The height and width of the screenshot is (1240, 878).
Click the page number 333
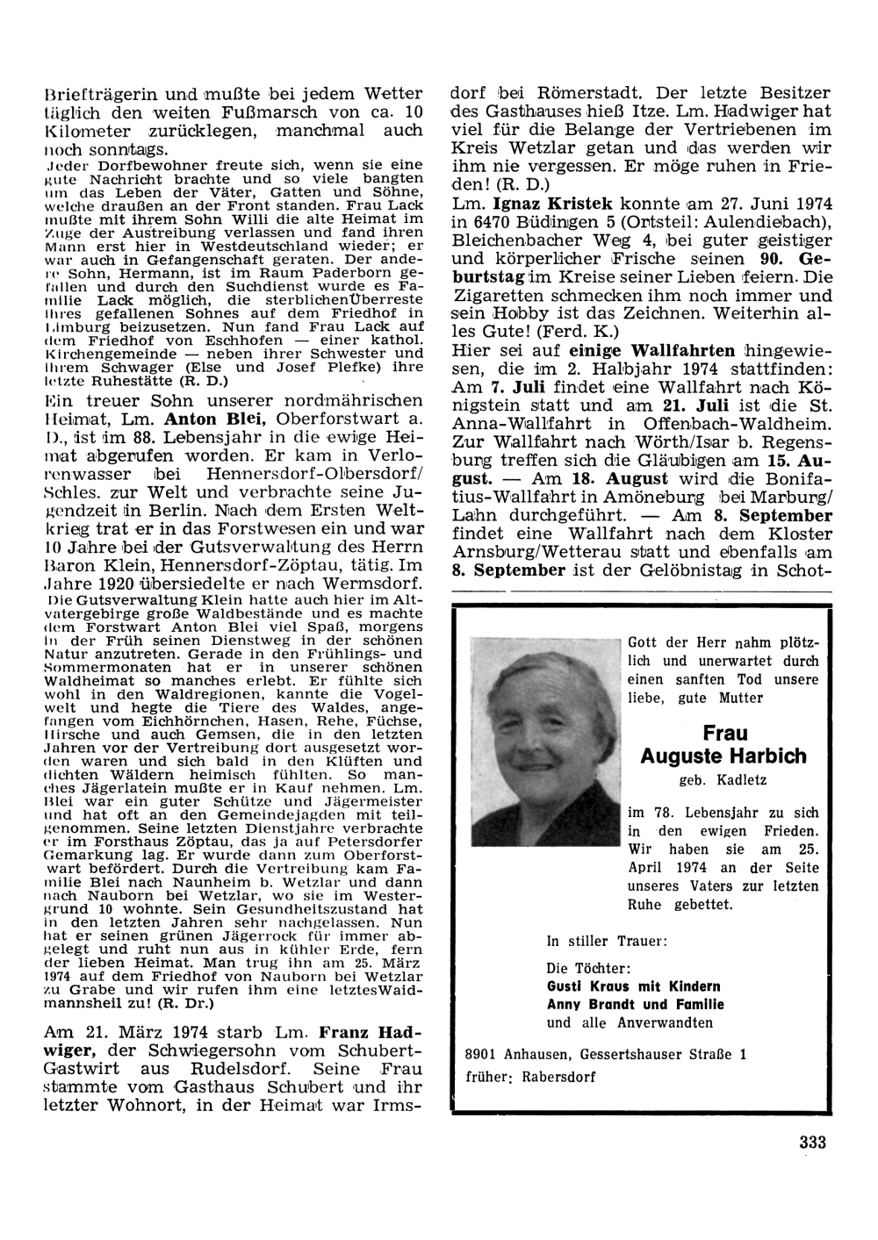coord(813,1142)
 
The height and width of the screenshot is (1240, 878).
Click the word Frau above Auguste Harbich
coord(723,733)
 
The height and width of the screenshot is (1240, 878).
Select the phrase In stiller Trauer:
coord(606,941)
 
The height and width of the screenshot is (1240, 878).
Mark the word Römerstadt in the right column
coord(551,93)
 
